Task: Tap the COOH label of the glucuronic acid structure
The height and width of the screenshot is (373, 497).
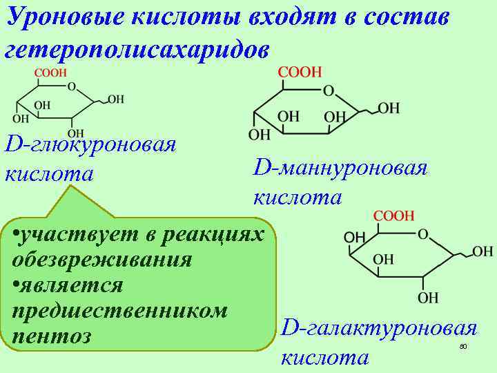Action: coord(50,73)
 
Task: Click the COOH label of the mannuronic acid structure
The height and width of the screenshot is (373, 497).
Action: coord(300,73)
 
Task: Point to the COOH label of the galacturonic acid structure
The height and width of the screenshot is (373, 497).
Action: coord(393,216)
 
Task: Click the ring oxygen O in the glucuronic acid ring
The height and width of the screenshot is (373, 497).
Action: coord(72,88)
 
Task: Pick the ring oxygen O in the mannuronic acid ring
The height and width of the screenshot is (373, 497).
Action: coord(329,90)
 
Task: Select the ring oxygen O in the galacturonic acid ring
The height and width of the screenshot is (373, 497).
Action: coord(423,235)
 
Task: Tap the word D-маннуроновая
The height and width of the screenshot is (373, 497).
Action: coord(341,168)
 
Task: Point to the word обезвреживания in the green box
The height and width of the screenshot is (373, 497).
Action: coord(102,260)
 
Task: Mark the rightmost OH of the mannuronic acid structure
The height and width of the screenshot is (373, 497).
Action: coord(389,108)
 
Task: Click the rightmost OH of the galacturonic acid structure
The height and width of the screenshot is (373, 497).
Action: coord(483,251)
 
